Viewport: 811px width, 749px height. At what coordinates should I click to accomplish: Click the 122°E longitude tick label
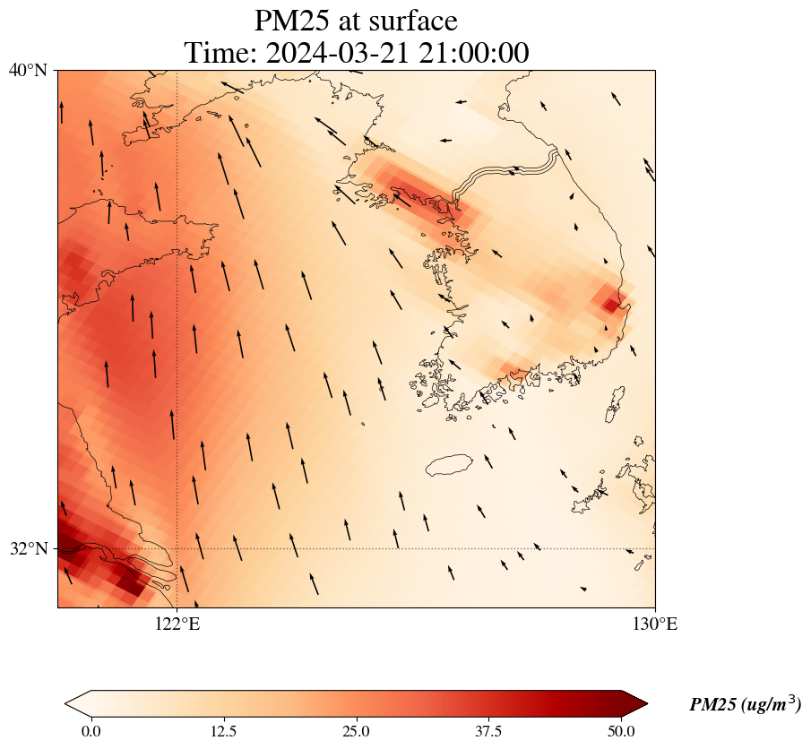pyautogui.click(x=177, y=624)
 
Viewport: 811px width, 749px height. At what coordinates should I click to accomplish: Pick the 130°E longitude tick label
pyautogui.click(x=655, y=624)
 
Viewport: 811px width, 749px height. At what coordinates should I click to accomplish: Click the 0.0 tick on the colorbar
pyautogui.click(x=91, y=731)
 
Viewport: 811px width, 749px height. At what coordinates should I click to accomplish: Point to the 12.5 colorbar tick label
pyautogui.click(x=223, y=731)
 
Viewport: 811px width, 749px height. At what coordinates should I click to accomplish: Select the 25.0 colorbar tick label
pyautogui.click(x=356, y=731)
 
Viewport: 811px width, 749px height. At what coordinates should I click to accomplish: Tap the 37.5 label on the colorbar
pyautogui.click(x=488, y=731)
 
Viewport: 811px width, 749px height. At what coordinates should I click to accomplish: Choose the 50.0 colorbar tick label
pyautogui.click(x=621, y=731)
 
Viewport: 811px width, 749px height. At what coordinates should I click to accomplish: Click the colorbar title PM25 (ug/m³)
pyautogui.click(x=745, y=705)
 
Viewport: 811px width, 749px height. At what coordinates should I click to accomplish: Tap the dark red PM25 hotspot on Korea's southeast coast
pyautogui.click(x=611, y=305)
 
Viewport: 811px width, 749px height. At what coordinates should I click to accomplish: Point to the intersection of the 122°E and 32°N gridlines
pyautogui.click(x=177, y=548)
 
